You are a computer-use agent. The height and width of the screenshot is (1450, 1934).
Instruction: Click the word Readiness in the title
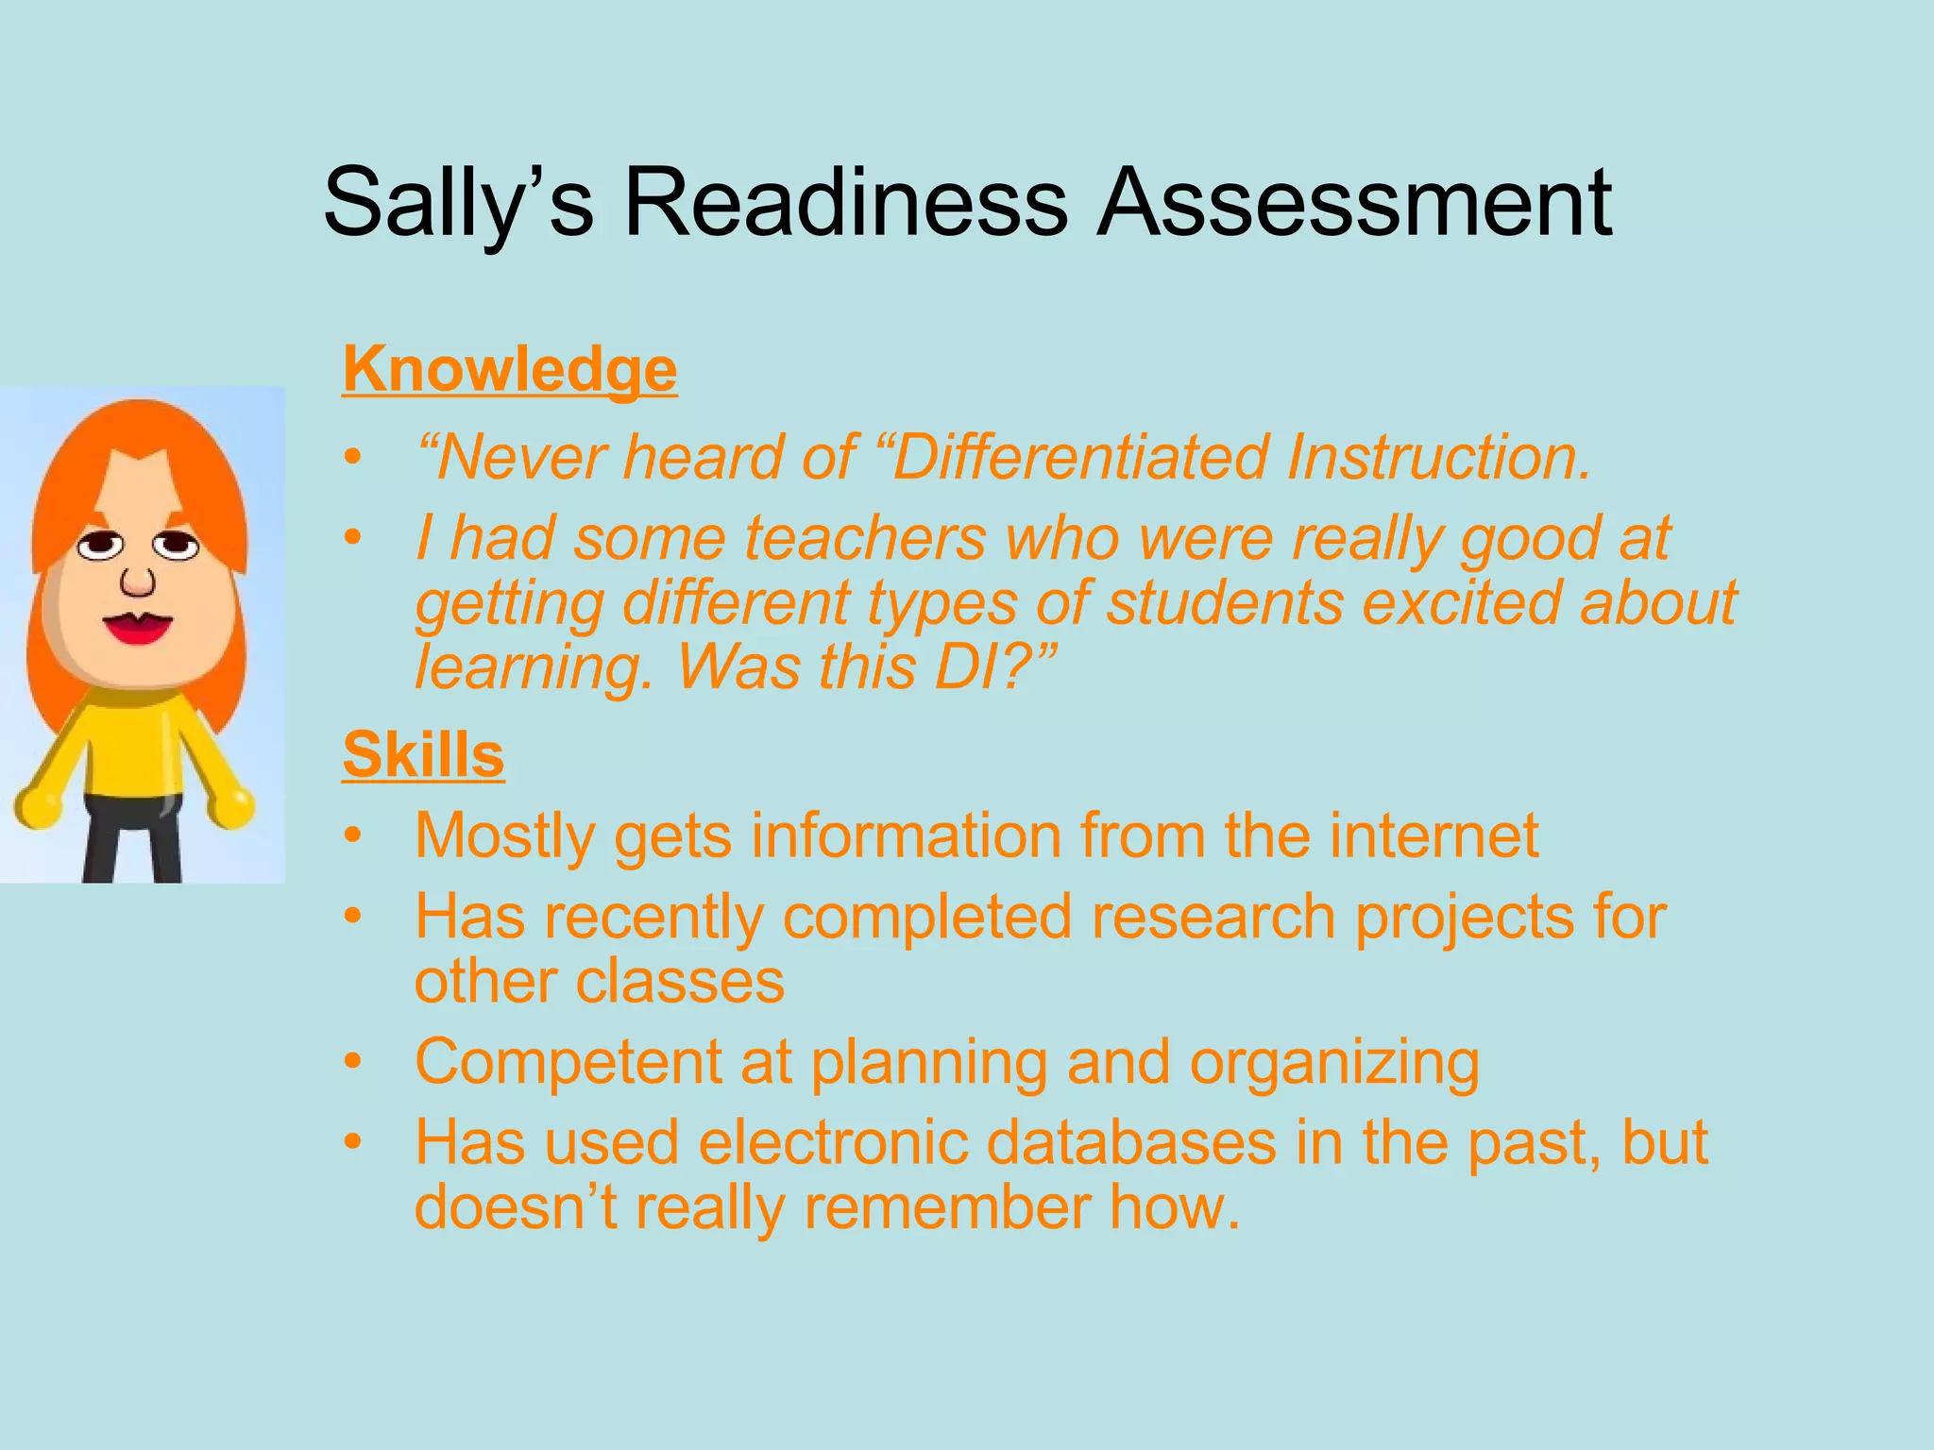pyautogui.click(x=845, y=202)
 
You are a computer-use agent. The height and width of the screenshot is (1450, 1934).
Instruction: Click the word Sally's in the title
pyautogui.click(x=458, y=202)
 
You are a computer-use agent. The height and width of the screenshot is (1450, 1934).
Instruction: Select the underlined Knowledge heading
pyautogui.click(x=509, y=369)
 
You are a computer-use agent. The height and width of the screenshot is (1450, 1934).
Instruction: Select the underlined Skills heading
pyautogui.click(x=423, y=755)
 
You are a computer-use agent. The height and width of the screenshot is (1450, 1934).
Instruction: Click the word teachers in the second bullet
pyautogui.click(x=865, y=539)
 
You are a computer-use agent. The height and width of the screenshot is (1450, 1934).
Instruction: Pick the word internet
pyautogui.click(x=1434, y=836)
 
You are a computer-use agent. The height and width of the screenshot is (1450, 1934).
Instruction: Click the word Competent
pyautogui.click(x=567, y=1062)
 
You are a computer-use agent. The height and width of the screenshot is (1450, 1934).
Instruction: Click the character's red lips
pyautogui.click(x=138, y=628)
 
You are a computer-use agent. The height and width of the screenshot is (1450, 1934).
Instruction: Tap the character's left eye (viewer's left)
pyautogui.click(x=100, y=546)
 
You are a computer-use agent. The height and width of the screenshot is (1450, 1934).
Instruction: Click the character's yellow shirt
pyautogui.click(x=132, y=746)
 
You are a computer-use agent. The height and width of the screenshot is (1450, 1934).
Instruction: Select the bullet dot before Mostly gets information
pyautogui.click(x=353, y=836)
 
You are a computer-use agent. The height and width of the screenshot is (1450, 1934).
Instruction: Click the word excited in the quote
pyautogui.click(x=1460, y=603)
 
